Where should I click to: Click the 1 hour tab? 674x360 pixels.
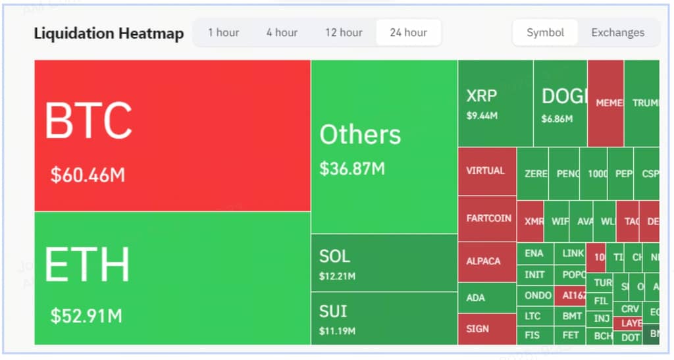[x=223, y=32]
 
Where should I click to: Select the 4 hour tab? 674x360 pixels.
[x=282, y=32]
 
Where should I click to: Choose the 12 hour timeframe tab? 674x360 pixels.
[x=344, y=32]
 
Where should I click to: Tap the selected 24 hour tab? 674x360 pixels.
[x=408, y=32]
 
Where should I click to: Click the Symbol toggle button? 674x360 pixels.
[x=545, y=32]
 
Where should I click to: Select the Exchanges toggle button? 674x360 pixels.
[x=617, y=32]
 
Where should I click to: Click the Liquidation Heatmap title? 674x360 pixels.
[x=109, y=34]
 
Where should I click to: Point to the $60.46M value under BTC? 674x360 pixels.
[x=88, y=175]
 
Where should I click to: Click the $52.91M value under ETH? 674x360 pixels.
[x=86, y=315]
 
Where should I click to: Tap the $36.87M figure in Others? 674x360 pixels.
[x=352, y=168]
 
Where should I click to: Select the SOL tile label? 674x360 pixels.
[x=334, y=256]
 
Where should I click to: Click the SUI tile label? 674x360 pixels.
[x=333, y=311]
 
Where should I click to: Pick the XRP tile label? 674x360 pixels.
[x=481, y=95]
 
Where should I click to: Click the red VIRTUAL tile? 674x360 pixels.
[x=486, y=171]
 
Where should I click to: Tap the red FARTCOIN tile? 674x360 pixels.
[x=487, y=219]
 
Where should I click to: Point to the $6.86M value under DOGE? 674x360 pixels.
[x=557, y=119]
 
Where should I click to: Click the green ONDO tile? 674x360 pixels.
[x=538, y=296]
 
